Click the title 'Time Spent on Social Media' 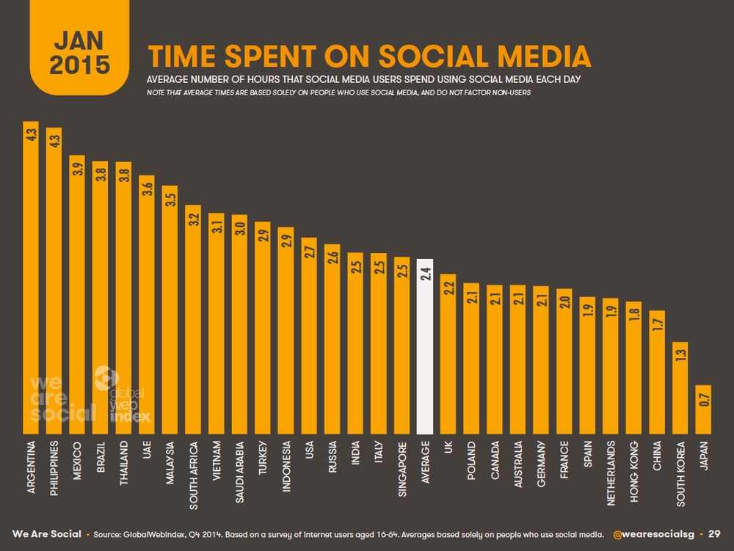[x=369, y=56]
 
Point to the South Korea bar [x=680, y=388]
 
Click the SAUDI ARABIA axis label [x=240, y=472]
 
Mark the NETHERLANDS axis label [x=611, y=473]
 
